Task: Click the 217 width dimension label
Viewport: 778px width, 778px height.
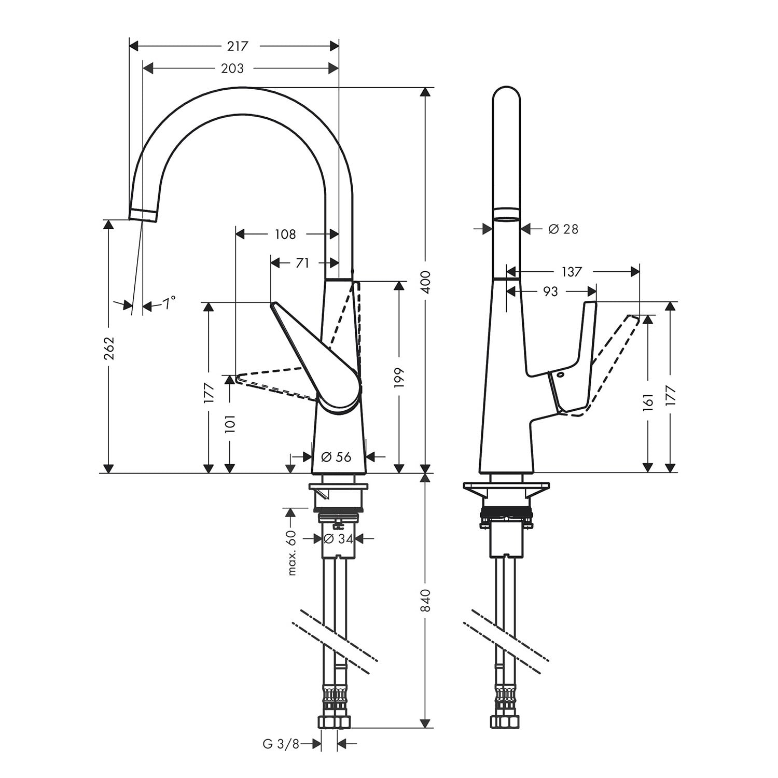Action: (x=238, y=46)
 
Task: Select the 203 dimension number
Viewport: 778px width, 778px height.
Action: (x=232, y=68)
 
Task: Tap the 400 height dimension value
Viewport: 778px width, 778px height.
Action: (x=425, y=282)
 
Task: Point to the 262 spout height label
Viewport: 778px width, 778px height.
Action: (x=108, y=348)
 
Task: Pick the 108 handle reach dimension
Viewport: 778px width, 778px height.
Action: (x=285, y=234)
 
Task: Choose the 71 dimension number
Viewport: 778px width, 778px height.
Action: (x=302, y=263)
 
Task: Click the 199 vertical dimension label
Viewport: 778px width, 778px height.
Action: (x=399, y=378)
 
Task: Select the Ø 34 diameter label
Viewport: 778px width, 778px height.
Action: (x=338, y=539)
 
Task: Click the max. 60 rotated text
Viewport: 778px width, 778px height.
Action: (x=291, y=553)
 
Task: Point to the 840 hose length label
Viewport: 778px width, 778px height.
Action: (x=425, y=600)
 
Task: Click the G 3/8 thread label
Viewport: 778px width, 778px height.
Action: (x=281, y=744)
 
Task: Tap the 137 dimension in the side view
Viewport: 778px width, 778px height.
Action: (x=571, y=271)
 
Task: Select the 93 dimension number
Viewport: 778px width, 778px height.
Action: (x=550, y=291)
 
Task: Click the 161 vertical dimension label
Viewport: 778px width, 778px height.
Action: (x=648, y=401)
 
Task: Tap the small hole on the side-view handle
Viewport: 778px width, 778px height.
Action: (x=561, y=374)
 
